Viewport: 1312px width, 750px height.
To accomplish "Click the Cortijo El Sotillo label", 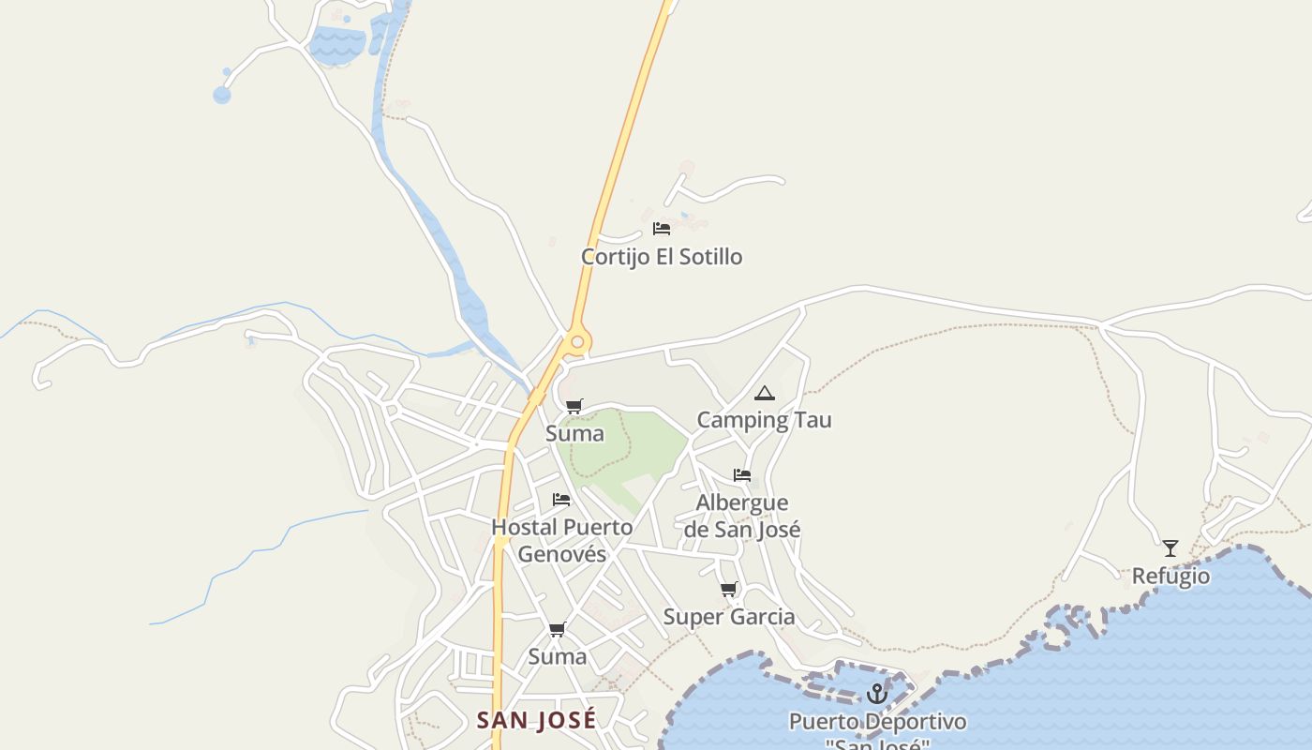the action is [662, 257].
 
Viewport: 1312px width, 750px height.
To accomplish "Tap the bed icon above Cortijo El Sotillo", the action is [662, 228].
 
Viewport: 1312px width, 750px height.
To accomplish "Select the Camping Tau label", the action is [764, 420].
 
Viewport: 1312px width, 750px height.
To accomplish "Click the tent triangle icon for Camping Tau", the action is [765, 393].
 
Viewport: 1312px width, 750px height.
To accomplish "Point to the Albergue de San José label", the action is [742, 517].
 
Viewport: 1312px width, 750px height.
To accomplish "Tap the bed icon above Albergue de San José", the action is [742, 474].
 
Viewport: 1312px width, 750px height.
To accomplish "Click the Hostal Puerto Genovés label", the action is [562, 540].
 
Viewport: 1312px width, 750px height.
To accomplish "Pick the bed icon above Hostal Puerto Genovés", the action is [561, 499].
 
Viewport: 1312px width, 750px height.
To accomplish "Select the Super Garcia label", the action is [729, 617].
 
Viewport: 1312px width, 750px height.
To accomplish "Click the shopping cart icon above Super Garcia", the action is [729, 589].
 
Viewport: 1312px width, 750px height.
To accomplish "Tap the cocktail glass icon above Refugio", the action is [1170, 547].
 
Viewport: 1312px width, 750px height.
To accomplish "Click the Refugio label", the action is [1170, 576].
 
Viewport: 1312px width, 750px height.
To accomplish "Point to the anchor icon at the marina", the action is [877, 694].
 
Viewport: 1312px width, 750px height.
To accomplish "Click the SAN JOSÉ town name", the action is [536, 720].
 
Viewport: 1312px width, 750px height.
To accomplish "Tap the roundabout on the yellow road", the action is [577, 342].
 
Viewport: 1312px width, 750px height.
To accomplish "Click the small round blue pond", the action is [222, 95].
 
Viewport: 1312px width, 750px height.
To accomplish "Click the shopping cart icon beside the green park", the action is [574, 406].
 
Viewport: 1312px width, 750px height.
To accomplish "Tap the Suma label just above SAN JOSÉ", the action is [558, 656].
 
